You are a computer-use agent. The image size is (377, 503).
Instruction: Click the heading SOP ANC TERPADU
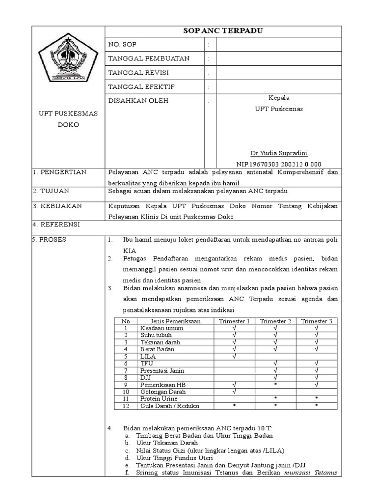[223, 31]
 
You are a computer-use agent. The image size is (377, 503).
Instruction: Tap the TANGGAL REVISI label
[138, 73]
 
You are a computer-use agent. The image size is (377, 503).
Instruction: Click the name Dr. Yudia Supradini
[279, 153]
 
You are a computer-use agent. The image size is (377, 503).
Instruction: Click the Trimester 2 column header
[275, 321]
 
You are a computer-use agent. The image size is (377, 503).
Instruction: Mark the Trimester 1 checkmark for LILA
[234, 356]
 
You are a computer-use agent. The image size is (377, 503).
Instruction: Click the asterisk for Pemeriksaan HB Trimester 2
[275, 385]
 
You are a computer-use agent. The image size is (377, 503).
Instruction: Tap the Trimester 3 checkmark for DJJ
[317, 377]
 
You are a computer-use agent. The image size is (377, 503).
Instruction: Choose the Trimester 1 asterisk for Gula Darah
[234, 406]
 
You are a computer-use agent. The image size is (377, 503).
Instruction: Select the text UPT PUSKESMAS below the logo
[69, 113]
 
